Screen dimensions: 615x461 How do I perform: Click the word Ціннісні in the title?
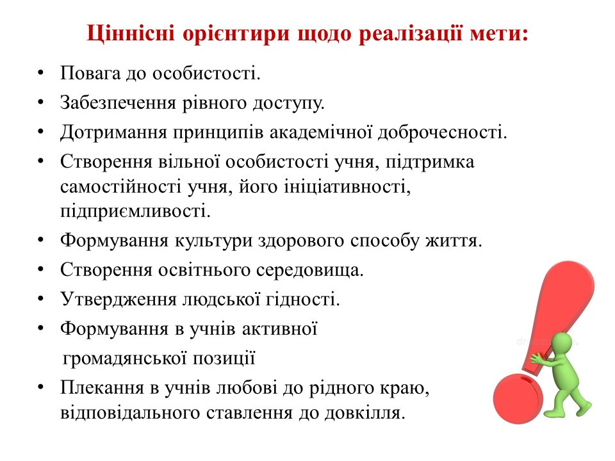tap(131, 33)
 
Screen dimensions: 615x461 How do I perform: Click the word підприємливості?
tap(135, 212)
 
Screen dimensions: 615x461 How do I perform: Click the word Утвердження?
tap(119, 300)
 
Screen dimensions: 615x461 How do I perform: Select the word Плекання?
tap(102, 388)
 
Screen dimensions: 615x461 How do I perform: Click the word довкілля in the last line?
tap(365, 413)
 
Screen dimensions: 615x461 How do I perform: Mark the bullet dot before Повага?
tap(41, 73)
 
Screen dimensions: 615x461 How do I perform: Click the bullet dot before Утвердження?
tap(41, 300)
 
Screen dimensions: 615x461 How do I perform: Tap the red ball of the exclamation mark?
tap(518, 398)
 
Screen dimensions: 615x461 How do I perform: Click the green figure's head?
tap(563, 342)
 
